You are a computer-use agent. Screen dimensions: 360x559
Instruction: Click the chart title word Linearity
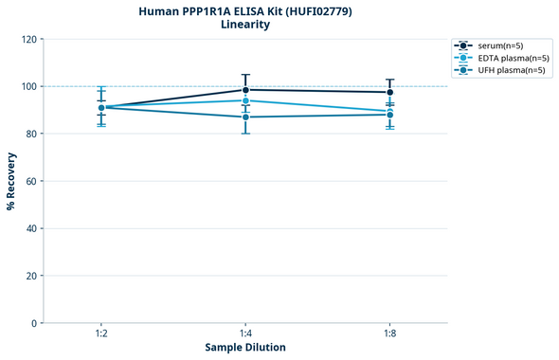244,25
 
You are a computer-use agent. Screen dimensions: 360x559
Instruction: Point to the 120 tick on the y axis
28,39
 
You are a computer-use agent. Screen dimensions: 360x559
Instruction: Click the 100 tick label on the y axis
28,86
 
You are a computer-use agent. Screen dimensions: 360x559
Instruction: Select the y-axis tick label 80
31,134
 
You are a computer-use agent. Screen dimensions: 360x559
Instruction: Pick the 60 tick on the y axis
31,181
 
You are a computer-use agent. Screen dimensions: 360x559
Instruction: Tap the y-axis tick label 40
31,228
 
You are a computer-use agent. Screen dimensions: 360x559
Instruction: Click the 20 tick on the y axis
31,276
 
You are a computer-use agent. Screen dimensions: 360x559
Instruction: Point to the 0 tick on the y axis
34,323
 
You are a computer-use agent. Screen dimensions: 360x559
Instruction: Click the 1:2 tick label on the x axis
101,334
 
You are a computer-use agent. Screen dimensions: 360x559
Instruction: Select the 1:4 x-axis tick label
245,334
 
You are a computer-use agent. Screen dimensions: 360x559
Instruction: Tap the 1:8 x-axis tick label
389,334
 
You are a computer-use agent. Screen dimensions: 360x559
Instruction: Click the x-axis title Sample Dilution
245,348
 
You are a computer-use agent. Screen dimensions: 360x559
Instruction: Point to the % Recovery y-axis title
11,181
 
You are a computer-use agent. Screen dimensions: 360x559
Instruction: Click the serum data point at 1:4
245,90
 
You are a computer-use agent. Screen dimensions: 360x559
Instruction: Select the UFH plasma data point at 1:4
245,117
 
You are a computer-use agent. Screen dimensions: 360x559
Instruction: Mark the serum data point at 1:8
389,92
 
